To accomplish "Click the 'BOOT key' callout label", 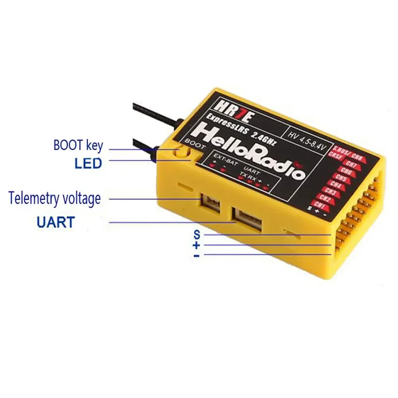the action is (78, 145).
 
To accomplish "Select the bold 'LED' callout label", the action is (88, 163).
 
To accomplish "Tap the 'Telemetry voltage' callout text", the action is (55, 198).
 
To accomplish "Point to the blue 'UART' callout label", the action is (55, 222).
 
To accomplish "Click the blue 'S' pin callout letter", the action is (197, 234).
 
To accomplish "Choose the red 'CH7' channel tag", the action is (351, 164).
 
